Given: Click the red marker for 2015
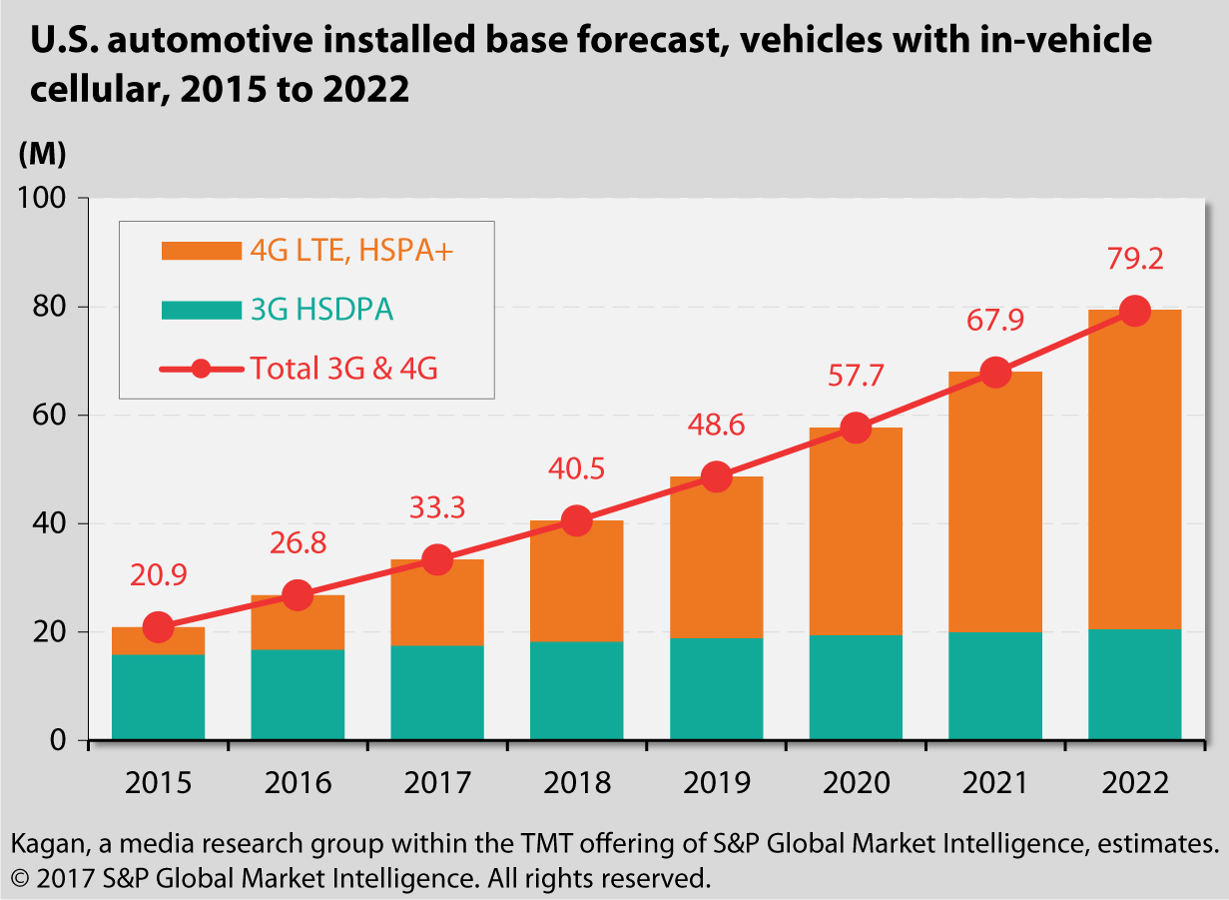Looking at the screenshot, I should [158, 627].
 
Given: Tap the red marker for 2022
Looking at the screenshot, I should [1134, 311].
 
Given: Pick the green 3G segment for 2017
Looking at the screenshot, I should [437, 692].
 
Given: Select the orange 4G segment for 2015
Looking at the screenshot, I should [158, 641].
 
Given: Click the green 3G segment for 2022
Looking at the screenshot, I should [1134, 684].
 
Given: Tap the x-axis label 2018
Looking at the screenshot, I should [576, 781].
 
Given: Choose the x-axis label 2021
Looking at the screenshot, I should [994, 781].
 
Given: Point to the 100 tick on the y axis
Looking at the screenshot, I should [44, 198].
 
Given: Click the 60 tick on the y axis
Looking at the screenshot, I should [52, 416].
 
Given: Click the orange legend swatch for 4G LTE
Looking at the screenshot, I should [201, 251].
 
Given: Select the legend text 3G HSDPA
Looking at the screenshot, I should [321, 310].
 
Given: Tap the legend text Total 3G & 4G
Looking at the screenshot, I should [343, 369].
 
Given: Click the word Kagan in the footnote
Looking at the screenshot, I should [43, 845].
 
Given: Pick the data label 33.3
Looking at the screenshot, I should [437, 508].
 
